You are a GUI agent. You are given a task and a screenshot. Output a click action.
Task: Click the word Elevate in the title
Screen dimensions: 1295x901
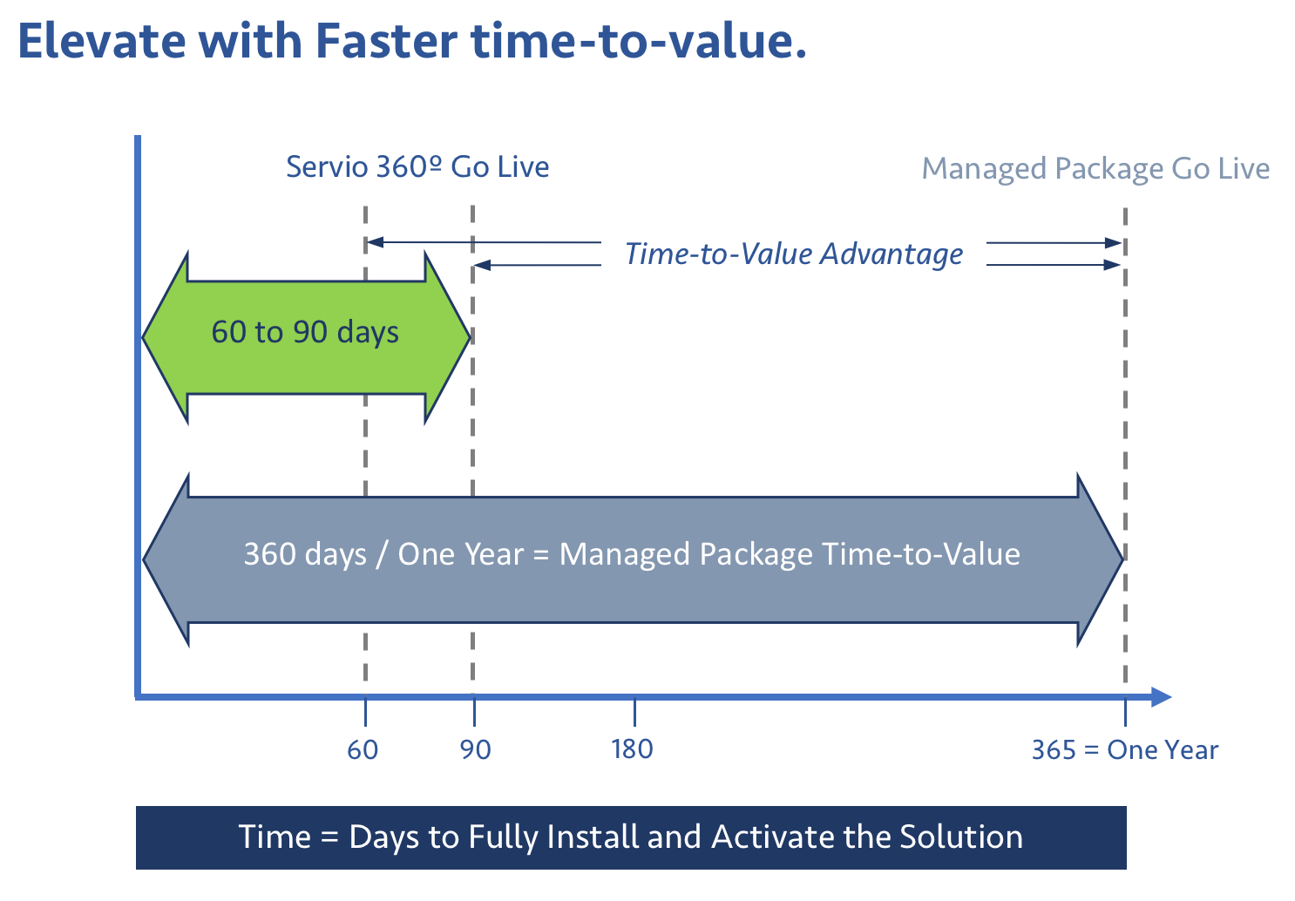coord(102,41)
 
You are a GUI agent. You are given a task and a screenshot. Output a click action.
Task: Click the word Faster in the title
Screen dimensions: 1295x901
coord(387,41)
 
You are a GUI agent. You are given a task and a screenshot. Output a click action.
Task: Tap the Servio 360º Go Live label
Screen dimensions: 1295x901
coord(417,167)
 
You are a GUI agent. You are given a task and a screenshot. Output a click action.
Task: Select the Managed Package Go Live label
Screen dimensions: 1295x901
coord(1095,169)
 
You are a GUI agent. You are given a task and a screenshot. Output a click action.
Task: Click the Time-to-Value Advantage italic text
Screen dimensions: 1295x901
coord(794,254)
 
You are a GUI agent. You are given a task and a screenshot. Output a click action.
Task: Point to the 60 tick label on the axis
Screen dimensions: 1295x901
coord(363,749)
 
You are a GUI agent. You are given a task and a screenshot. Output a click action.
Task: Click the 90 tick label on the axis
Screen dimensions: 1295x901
coord(475,749)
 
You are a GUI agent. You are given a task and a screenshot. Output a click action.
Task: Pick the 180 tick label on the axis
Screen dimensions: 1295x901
coord(633,749)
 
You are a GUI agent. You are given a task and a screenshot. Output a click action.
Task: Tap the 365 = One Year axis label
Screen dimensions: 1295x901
coord(1125,749)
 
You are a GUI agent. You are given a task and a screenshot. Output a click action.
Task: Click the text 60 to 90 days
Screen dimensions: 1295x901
coord(305,332)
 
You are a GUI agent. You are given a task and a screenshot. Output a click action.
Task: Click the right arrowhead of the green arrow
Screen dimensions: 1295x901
coord(447,337)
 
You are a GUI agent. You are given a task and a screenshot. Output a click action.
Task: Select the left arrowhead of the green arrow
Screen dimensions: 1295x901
coord(166,338)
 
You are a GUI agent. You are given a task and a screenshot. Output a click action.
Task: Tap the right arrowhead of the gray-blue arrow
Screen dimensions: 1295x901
coord(1100,559)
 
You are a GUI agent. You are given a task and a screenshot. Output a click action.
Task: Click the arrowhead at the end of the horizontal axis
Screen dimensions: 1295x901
coord(1161,697)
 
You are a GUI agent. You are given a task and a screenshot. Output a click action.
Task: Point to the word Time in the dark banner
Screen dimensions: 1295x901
coord(275,837)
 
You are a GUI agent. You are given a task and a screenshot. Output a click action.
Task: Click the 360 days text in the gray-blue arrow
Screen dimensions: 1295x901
coord(305,555)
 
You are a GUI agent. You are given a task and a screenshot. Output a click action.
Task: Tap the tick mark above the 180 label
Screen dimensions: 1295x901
coord(634,711)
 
